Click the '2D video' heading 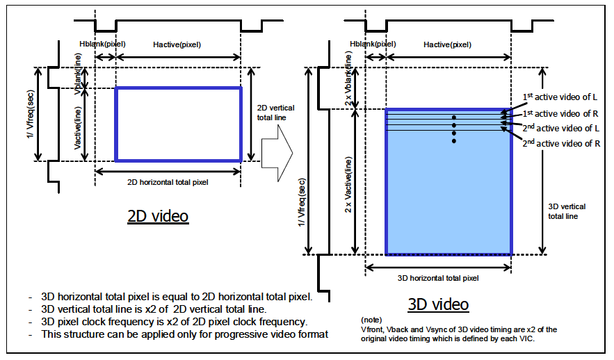point(158,216)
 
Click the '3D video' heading point(438,304)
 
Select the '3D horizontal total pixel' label point(438,279)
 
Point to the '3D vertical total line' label point(567,211)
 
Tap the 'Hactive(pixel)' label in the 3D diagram point(447,44)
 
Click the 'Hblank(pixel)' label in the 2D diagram point(102,44)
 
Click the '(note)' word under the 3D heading point(371,320)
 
